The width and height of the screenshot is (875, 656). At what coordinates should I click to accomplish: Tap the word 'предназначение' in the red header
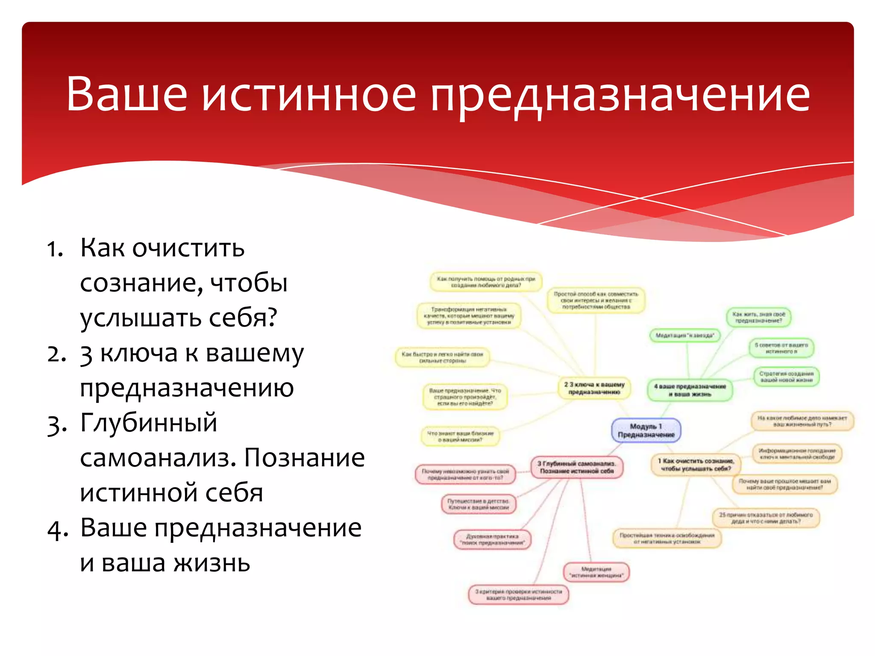(620, 95)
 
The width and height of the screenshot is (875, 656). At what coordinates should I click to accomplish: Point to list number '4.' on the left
(56, 530)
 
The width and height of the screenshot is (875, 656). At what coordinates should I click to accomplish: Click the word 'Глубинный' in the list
(149, 423)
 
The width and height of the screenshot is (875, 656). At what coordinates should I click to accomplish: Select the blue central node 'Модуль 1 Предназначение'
(646, 430)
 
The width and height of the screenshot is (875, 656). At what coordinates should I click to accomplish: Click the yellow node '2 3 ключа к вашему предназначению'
(594, 388)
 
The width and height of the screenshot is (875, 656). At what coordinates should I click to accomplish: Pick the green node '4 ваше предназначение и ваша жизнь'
(690, 390)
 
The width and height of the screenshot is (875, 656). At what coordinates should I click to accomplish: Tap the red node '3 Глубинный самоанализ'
(577, 467)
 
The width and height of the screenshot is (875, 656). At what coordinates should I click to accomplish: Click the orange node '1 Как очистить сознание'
(696, 465)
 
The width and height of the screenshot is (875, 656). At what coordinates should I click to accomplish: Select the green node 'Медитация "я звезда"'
(684, 335)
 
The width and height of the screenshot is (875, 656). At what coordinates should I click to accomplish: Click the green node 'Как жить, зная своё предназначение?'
(759, 317)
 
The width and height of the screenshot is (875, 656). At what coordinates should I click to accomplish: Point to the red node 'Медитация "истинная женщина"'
(596, 572)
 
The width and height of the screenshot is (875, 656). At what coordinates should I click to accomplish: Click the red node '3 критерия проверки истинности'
(519, 594)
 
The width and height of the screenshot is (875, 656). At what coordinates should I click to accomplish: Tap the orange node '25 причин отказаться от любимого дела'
(766, 518)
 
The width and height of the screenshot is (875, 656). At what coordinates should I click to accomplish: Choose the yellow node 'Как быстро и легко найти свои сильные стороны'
(442, 357)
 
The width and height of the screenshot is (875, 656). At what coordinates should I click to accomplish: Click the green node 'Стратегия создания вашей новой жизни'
(786, 377)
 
